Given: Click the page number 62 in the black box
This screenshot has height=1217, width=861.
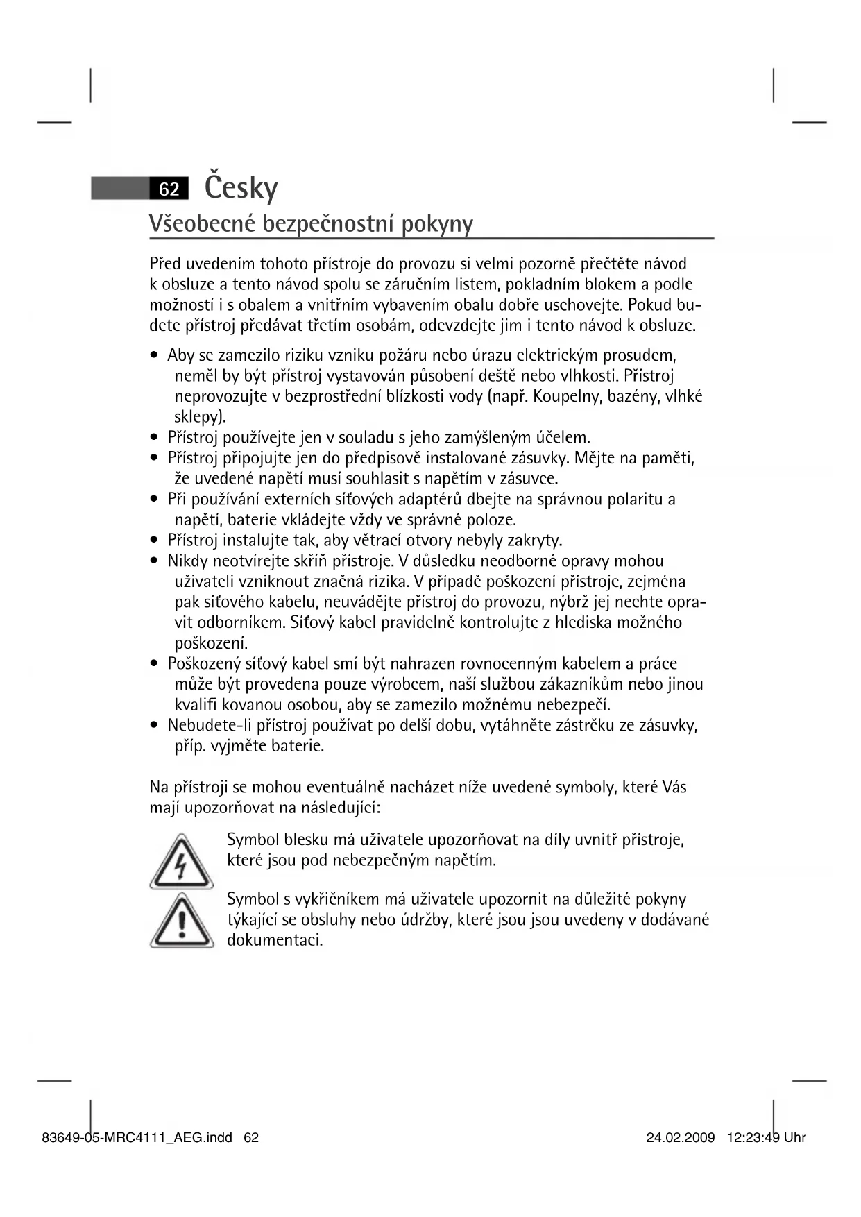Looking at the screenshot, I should (x=169, y=189).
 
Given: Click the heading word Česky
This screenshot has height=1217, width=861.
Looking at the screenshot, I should (x=241, y=187).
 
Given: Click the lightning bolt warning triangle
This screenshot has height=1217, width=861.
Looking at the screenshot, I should (x=181, y=862).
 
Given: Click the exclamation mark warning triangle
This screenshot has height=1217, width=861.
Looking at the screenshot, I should (x=181, y=922).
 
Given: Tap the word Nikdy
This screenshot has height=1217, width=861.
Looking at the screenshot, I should (x=187, y=561).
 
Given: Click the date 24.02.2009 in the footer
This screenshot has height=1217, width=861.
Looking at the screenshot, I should (x=680, y=1137).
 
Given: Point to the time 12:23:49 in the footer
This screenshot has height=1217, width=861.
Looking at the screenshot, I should (x=753, y=1137).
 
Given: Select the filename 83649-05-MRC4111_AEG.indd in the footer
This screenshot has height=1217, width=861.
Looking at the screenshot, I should (x=137, y=1137).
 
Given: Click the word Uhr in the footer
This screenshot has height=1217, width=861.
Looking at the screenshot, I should (x=795, y=1137).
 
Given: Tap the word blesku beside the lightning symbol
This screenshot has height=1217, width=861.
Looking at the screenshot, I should (x=306, y=840).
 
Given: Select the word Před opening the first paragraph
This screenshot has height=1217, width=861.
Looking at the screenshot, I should (x=165, y=264).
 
